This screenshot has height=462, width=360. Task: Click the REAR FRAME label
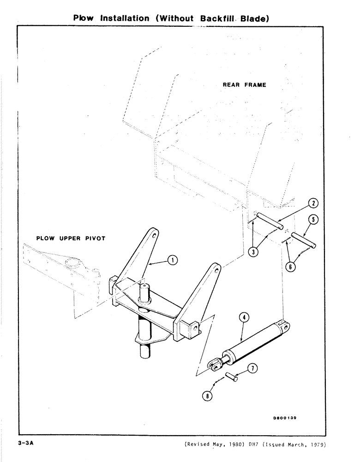tap(244, 85)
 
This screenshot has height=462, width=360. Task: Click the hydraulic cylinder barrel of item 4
tap(254, 344)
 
